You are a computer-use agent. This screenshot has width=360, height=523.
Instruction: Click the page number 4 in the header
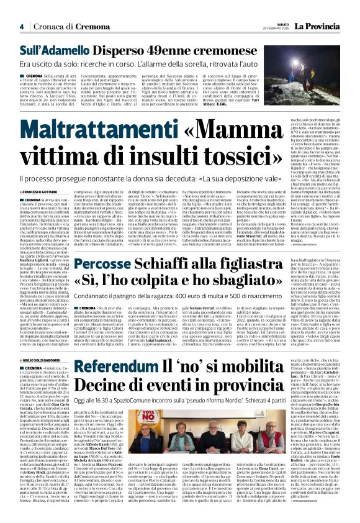pyautogui.click(x=21, y=27)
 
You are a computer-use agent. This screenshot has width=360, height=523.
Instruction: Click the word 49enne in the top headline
pyautogui.click(x=143, y=49)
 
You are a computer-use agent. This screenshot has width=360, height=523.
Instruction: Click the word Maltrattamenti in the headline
pyautogui.click(x=91, y=131)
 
